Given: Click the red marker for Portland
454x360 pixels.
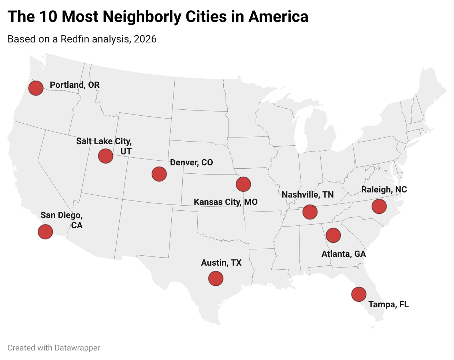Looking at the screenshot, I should (x=36, y=88).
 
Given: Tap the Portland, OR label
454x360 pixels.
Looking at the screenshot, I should (x=75, y=85).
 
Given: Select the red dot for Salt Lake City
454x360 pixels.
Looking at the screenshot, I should (x=105, y=156).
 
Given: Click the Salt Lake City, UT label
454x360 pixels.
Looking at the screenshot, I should (x=104, y=146).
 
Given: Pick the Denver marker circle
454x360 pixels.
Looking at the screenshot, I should (x=159, y=174).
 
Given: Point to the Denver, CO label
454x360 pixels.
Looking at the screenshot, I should (x=191, y=162).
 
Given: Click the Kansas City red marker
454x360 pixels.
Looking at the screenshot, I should (x=243, y=184).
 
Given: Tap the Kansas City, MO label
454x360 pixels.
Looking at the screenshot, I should (x=226, y=202).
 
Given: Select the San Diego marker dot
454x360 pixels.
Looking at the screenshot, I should (x=45, y=232).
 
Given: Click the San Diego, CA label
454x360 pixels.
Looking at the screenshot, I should (x=62, y=220).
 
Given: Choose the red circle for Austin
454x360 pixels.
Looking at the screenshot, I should (x=216, y=278).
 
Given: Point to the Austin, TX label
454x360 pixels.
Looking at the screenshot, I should (x=221, y=263).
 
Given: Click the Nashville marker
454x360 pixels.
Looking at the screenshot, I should (x=310, y=212).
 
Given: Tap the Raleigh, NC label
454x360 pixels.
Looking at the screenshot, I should (x=384, y=190).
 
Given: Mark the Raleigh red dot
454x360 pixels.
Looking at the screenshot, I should (x=379, y=206).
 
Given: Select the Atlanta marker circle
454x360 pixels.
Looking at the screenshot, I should (x=333, y=235).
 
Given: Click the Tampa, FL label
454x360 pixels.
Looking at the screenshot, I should (x=388, y=304).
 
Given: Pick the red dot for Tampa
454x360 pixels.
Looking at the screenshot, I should (x=359, y=294).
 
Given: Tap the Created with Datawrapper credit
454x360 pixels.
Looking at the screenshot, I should (x=54, y=348).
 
